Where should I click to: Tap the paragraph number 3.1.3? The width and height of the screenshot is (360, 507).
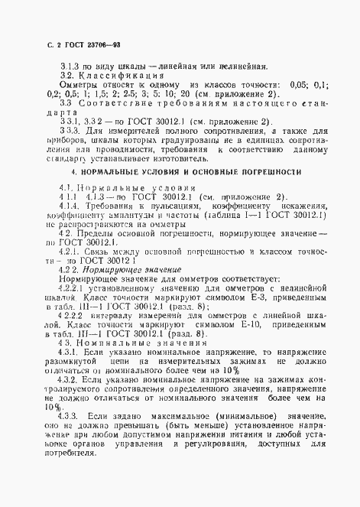[70, 66]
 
